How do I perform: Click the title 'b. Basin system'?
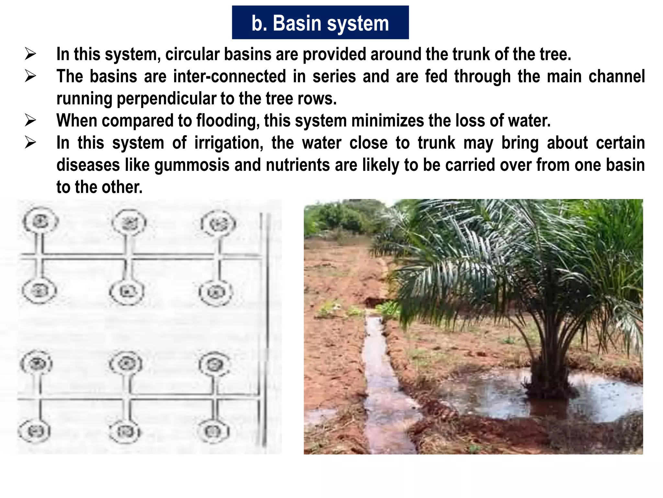tap(320, 23)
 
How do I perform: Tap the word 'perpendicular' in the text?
tap(166, 99)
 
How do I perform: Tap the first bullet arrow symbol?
tap(30, 54)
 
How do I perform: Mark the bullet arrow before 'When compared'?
tap(30, 120)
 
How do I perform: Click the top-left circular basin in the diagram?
tap(40, 222)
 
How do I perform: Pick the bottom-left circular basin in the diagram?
tap(34, 431)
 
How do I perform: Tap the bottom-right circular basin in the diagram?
tap(213, 431)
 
